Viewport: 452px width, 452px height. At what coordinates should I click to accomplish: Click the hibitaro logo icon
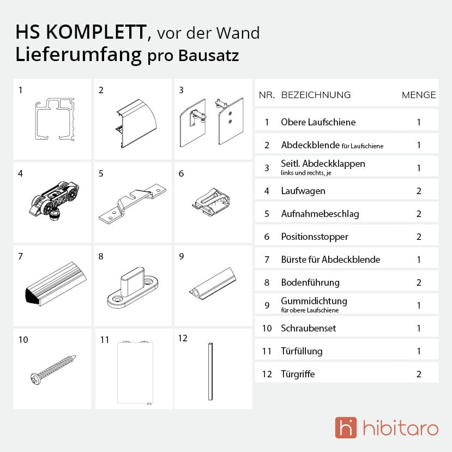click(346, 427)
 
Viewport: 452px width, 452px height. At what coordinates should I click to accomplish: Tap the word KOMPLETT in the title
click(97, 32)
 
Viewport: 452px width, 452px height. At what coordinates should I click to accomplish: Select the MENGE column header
click(419, 95)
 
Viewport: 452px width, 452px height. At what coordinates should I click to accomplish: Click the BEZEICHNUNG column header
click(316, 95)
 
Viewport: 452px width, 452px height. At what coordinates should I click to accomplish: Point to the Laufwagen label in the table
click(303, 191)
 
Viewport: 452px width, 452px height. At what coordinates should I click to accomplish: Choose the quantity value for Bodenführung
click(419, 282)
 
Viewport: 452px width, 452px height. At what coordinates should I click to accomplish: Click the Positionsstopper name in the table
click(315, 237)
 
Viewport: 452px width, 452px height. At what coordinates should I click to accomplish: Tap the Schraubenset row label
click(309, 328)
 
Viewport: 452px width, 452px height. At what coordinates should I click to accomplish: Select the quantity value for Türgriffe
click(419, 374)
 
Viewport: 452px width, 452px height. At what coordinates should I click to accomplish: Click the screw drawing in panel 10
click(53, 370)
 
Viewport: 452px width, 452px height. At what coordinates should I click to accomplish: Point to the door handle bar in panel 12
click(210, 371)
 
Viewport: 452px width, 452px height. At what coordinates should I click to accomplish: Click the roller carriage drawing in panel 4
click(54, 200)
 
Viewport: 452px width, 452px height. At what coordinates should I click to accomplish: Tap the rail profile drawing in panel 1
click(55, 119)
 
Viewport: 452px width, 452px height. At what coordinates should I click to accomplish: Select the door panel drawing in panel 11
click(135, 372)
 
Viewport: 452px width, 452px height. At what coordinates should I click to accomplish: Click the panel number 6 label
click(181, 173)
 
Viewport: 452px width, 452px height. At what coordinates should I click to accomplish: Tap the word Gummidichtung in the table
click(314, 301)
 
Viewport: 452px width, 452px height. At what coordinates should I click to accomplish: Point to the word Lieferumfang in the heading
click(79, 55)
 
